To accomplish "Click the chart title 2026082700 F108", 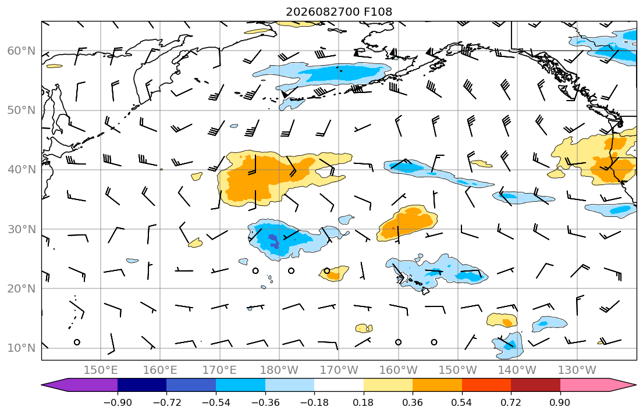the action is point(339,12).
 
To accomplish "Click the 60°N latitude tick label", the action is point(22,51).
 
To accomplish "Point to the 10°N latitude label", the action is point(22,348).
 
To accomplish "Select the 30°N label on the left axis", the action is point(22,229).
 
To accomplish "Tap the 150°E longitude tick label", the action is point(101,370).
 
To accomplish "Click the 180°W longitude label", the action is point(279,370).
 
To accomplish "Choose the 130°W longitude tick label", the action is point(577,370).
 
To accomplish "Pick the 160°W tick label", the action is point(398,370).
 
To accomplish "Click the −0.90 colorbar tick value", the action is point(118,402).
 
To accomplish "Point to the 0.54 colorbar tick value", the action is point(462,402).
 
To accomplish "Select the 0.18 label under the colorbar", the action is point(363,402).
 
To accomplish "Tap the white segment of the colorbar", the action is point(339,385).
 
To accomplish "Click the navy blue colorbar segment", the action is point(142,385).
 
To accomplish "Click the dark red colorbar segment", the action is point(535,385).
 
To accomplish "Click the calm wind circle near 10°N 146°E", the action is point(77,342).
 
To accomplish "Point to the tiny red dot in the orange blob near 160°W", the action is point(393,228).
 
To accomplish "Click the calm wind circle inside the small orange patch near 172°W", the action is point(327,270).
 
